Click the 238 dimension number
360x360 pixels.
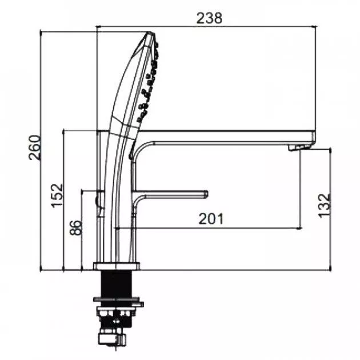209,18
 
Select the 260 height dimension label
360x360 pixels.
35,147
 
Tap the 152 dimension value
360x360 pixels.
57,195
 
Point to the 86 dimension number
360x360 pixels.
75,227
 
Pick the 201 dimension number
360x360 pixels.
211,218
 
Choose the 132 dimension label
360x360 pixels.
324,205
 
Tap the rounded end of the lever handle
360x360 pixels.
206,194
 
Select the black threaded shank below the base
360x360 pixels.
117,283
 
